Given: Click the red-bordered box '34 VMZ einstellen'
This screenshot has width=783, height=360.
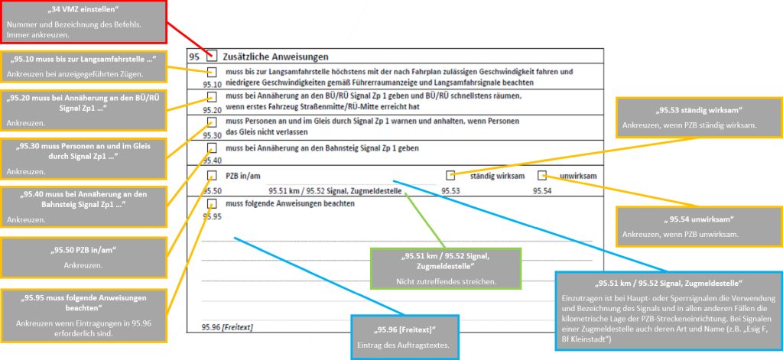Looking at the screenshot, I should [83, 21].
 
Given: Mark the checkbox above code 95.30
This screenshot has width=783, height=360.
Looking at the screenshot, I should [212, 122].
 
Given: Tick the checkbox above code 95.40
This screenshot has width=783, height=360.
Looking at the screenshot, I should [212, 148].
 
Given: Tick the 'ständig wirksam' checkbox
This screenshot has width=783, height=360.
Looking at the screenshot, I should [451, 176].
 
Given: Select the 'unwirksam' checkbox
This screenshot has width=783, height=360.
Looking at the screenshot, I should [542, 176].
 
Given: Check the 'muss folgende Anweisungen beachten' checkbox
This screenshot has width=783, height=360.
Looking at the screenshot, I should [212, 204].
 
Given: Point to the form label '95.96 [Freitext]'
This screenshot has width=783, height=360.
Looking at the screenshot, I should [227, 326].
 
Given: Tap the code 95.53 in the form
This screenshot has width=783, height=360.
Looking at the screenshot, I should [451, 190].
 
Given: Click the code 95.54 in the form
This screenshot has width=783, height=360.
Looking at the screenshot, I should [542, 190].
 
